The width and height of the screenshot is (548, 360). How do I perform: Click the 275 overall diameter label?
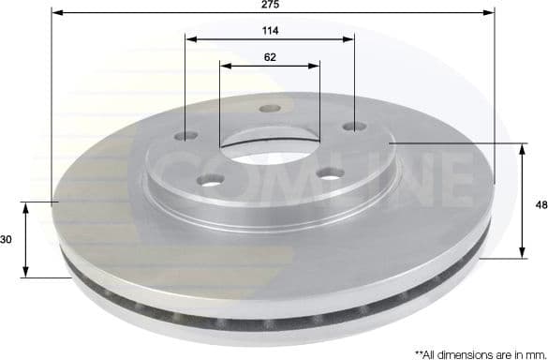tap(271, 5)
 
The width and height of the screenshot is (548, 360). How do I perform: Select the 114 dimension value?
tap(271, 30)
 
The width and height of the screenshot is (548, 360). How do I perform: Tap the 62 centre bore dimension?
tap(270, 56)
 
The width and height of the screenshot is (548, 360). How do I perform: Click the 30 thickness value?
tap(7, 240)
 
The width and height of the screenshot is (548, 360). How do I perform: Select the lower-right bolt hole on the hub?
tap(329, 173)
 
